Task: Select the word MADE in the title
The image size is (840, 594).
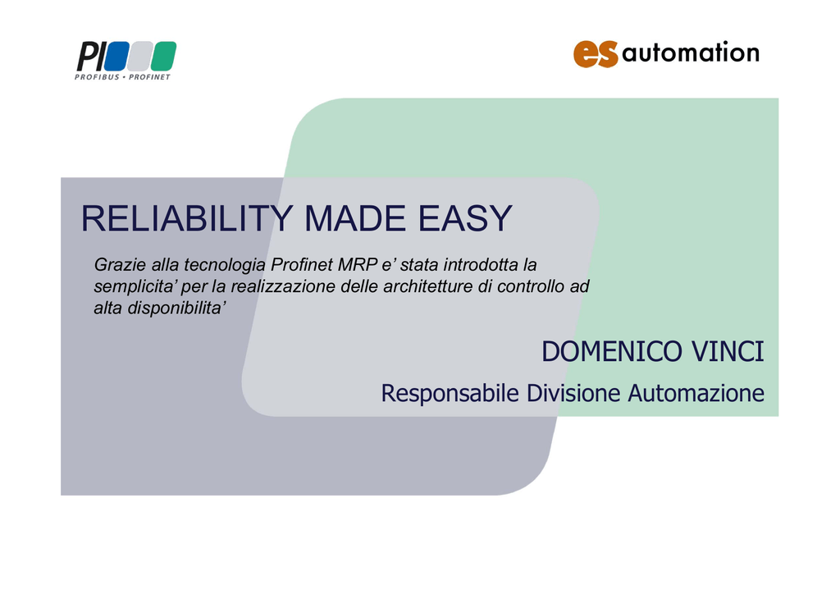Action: click(x=354, y=218)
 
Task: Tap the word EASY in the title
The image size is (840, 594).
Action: click(x=465, y=218)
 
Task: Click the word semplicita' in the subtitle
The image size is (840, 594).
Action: click(x=136, y=286)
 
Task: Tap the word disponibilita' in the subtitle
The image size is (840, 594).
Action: click(x=177, y=308)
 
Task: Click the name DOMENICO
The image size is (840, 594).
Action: click(x=611, y=352)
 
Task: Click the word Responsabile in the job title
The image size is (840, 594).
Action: click(x=450, y=394)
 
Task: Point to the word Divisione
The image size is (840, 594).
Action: click(x=573, y=393)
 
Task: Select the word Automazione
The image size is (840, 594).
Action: click(x=696, y=393)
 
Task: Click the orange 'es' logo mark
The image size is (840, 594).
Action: click(x=596, y=54)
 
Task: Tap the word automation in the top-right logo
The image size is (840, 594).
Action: click(x=691, y=53)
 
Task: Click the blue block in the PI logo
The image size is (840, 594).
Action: click(x=116, y=57)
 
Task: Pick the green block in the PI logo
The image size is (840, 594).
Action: click(x=163, y=57)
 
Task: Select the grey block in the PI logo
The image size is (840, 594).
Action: click(x=139, y=57)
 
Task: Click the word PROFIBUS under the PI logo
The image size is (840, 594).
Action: click(x=97, y=77)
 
